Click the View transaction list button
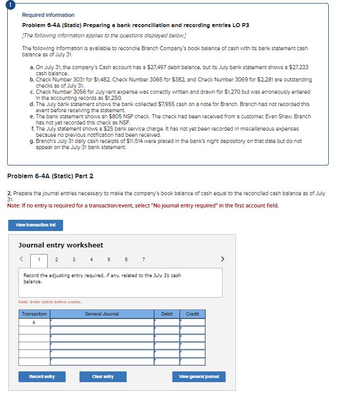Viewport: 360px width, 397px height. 35,225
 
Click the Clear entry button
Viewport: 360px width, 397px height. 103,377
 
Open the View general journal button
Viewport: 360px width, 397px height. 198,377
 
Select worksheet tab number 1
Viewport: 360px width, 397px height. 39,259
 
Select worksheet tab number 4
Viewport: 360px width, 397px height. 91,259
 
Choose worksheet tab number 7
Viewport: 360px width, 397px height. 143,259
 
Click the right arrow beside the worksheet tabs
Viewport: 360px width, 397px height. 223,259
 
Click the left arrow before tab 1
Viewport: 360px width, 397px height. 22,259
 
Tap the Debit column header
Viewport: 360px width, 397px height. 167,314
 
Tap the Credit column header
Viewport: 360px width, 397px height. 192,314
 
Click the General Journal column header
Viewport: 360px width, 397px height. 102,314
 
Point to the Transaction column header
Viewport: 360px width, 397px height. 34,314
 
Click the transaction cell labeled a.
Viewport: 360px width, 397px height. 34,322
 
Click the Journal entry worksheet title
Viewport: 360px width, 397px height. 61,245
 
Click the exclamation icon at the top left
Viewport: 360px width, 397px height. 5,5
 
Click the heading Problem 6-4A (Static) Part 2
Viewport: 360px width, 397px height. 50,176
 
